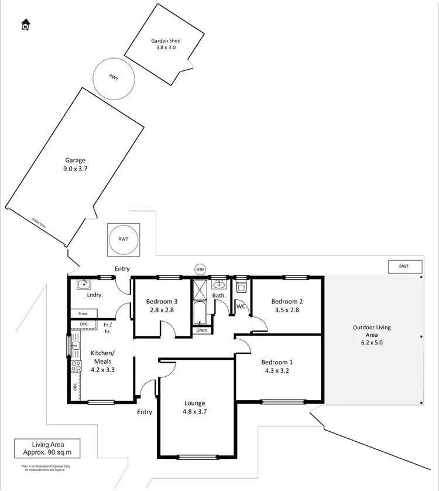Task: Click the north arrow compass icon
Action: pyautogui.click(x=25, y=25)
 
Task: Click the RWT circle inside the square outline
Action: pyautogui.click(x=124, y=239)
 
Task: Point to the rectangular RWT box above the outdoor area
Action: pyautogui.click(x=404, y=267)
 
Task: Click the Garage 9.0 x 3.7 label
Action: pyautogui.click(x=75, y=164)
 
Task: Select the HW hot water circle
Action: pyautogui.click(x=201, y=269)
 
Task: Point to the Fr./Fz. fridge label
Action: pyautogui.click(x=108, y=328)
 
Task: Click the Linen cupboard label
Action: pyautogui.click(x=201, y=330)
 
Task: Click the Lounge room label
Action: pyautogui.click(x=195, y=403)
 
